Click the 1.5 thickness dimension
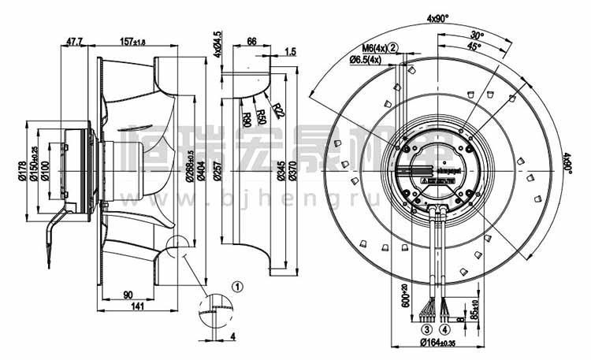291,52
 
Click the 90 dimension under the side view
127,295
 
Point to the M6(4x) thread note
370,48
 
